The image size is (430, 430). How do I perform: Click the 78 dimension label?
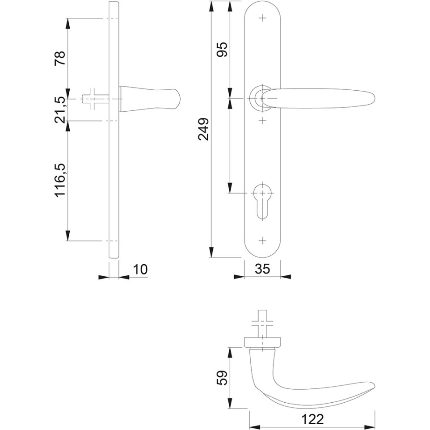pyautogui.click(x=60, y=58)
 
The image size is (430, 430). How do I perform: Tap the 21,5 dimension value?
pyautogui.click(x=60, y=110)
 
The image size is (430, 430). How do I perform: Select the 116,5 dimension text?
pyautogui.click(x=60, y=180)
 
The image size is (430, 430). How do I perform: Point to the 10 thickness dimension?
pyautogui.click(x=141, y=269)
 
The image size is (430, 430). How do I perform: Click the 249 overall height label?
pyautogui.click(x=204, y=129)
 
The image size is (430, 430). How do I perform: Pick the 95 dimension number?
pyautogui.click(x=222, y=49)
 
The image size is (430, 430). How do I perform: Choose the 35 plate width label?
pyautogui.click(x=262, y=269)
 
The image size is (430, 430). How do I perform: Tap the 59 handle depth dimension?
pyautogui.click(x=222, y=378)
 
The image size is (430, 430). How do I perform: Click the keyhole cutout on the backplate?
pyautogui.click(x=262, y=201)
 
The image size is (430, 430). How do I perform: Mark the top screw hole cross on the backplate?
pyautogui.click(x=262, y=18)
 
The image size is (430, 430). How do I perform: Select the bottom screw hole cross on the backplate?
pyautogui.click(x=262, y=240)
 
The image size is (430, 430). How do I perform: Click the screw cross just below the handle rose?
pyautogui.click(x=262, y=120)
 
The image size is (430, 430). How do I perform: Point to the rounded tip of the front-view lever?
pyautogui.click(x=374, y=98)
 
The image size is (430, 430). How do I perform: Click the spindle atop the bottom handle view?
pyautogui.click(x=262, y=324)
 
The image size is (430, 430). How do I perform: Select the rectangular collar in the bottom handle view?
pyautogui.click(x=262, y=342)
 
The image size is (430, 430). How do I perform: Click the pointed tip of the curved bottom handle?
pyautogui.click(x=374, y=384)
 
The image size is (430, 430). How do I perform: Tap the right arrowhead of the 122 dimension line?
pyautogui.click(x=370, y=427)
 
